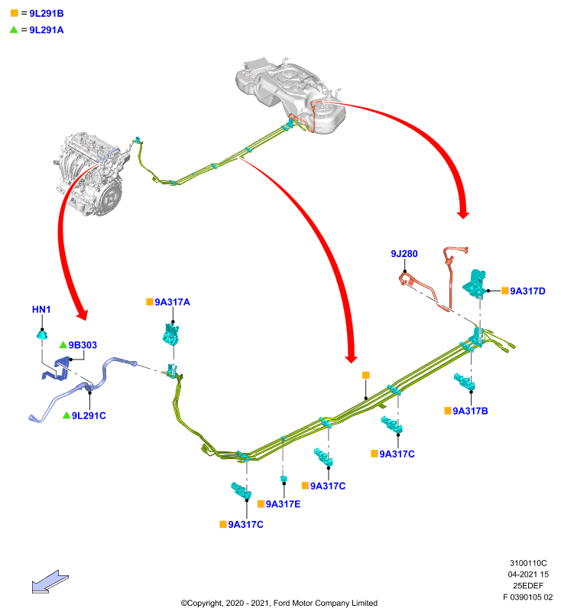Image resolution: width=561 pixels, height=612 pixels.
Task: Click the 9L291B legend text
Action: pyautogui.click(x=47, y=13)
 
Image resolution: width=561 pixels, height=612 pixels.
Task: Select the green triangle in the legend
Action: pyautogui.click(x=14, y=29)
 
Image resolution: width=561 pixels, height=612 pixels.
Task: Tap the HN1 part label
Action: pyautogui.click(x=41, y=309)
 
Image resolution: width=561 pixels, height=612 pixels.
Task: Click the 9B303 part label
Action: pyautogui.click(x=83, y=345)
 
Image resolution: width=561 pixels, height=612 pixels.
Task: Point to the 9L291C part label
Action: pyautogui.click(x=89, y=415)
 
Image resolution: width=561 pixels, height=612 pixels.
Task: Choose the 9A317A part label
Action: pyautogui.click(x=172, y=301)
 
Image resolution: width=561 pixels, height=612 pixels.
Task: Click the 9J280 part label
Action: pyautogui.click(x=404, y=254)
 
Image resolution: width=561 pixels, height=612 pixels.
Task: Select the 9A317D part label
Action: pyautogui.click(x=527, y=291)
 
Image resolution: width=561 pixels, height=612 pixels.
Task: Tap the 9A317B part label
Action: pyautogui.click(x=470, y=411)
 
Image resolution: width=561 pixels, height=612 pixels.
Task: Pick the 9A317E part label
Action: pyautogui.click(x=283, y=504)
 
